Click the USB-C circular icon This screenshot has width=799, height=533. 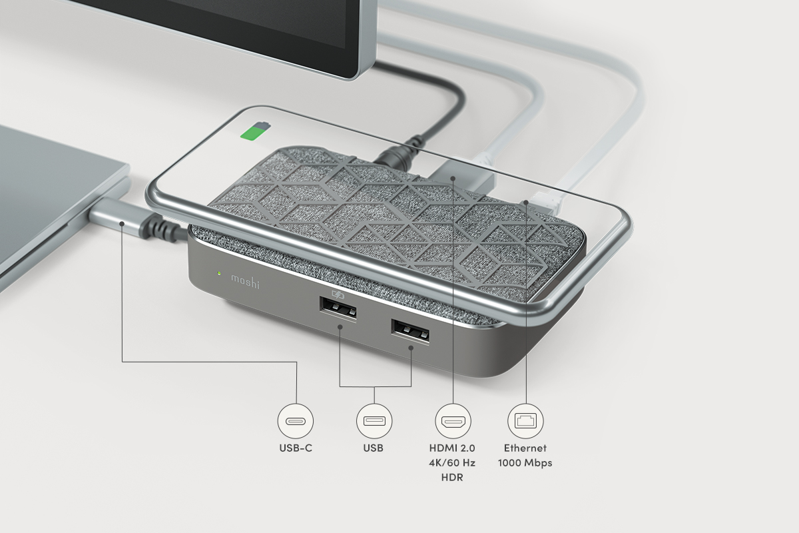pos(296,421)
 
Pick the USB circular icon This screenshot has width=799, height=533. pos(374,421)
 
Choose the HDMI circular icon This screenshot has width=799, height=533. pos(453,421)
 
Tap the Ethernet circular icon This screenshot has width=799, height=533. pos(525,421)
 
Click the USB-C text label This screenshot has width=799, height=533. pos(296,448)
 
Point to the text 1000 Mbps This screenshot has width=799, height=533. pos(525,463)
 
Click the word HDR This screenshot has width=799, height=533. pos(453,478)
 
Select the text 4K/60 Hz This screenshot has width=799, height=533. pos(453,463)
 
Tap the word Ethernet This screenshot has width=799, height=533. pos(525,448)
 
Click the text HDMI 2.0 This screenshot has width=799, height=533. pos(453,448)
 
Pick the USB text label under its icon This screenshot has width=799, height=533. pos(374,448)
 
